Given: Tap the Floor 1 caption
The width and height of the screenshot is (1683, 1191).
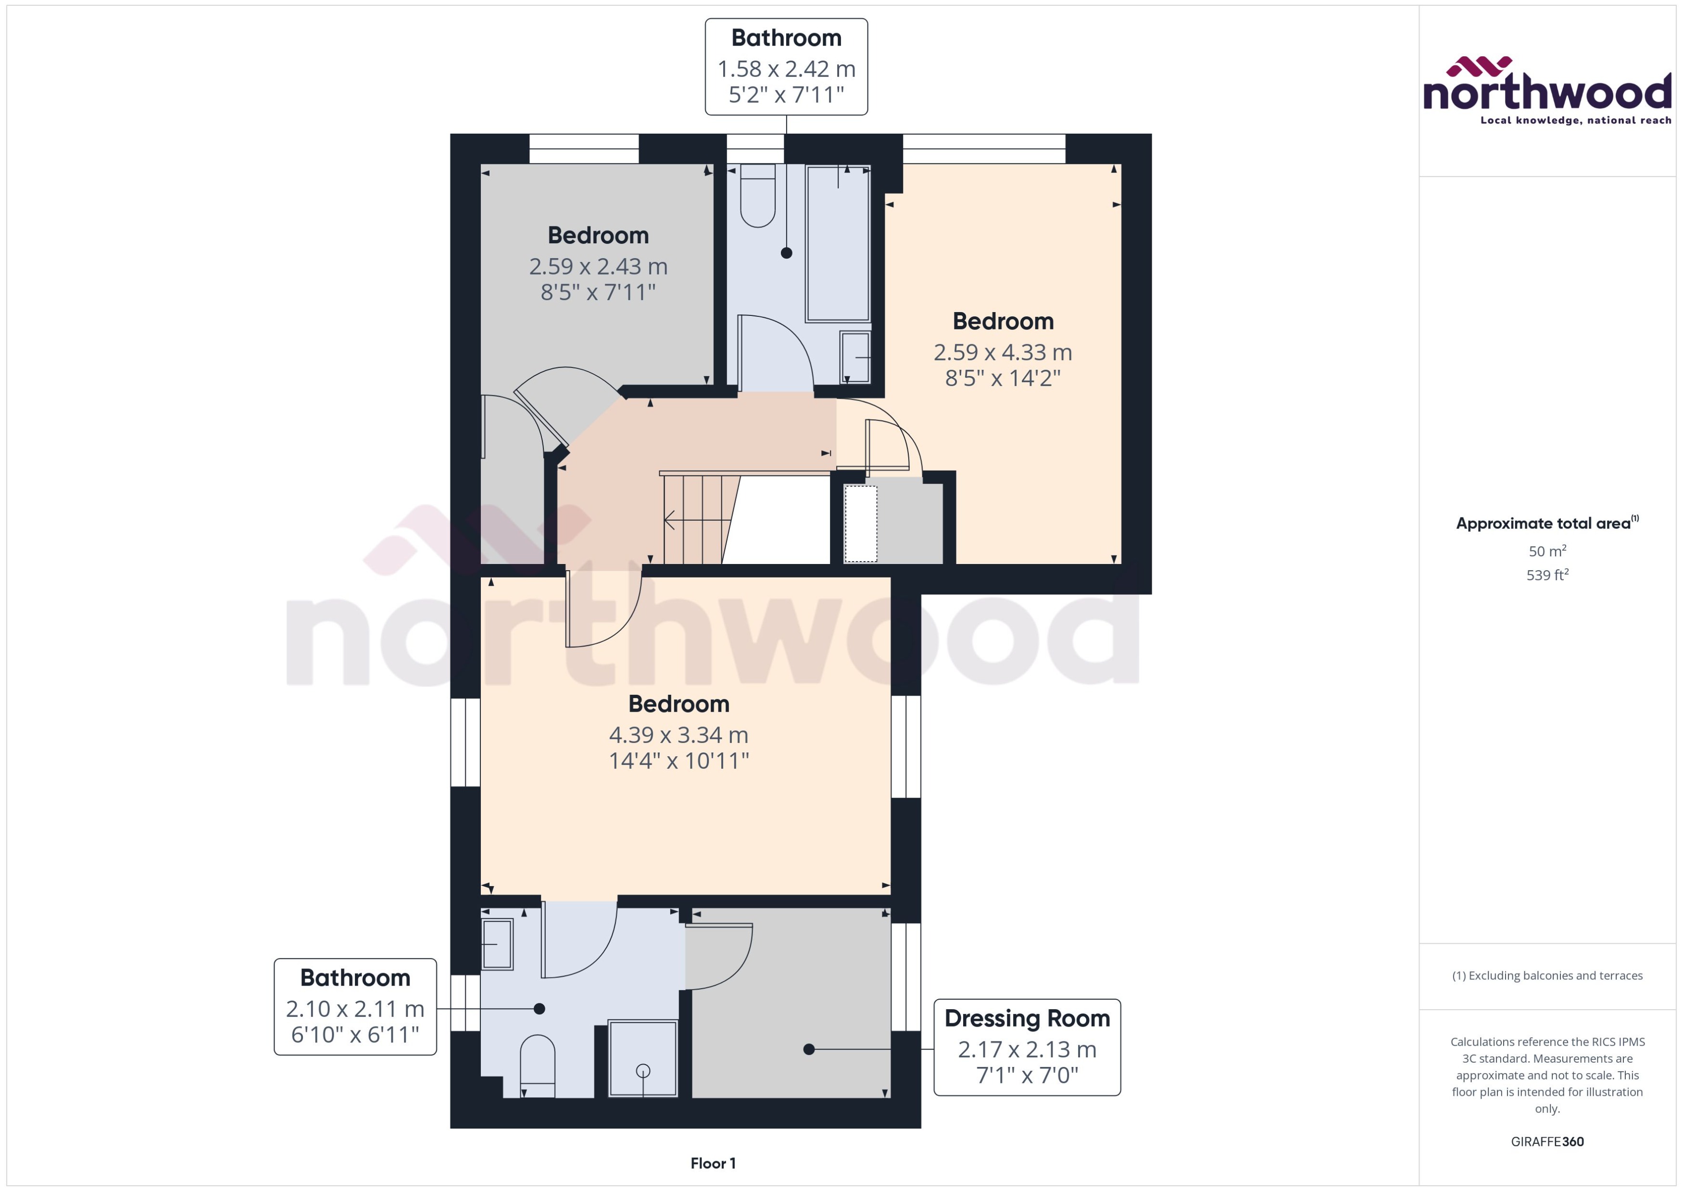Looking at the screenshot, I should [x=712, y=1163].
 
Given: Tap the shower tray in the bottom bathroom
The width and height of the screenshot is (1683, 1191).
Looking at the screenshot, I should [x=643, y=1058].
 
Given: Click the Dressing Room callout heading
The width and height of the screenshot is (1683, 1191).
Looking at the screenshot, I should [x=1027, y=1018].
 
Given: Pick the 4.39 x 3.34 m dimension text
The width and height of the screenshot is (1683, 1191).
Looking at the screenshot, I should [x=678, y=734].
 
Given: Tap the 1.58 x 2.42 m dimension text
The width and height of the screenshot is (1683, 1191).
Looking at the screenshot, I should [x=786, y=69].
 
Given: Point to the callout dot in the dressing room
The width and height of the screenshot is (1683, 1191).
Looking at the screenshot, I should [x=809, y=1050].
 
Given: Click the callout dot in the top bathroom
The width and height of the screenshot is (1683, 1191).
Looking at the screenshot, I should [x=786, y=253].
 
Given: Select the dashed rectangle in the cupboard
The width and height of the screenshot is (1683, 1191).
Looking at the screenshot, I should [x=860, y=524].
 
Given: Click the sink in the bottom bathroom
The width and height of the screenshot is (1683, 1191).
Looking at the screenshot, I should [x=497, y=944].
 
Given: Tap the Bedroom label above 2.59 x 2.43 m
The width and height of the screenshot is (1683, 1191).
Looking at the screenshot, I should [x=598, y=236].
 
